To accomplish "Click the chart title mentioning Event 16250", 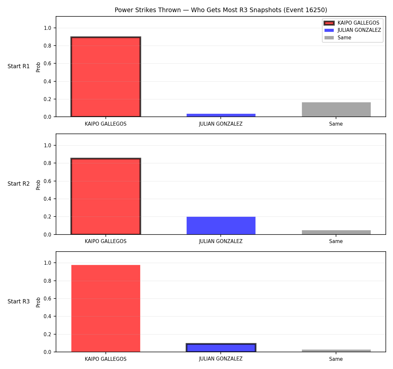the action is click(x=221, y=10).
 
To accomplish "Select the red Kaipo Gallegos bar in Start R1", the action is click(x=106, y=77).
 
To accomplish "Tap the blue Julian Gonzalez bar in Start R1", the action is click(x=221, y=115).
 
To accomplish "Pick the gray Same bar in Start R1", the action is click(x=336, y=110).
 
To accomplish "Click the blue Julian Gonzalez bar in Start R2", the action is click(x=221, y=225).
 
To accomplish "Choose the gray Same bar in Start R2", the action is click(x=336, y=232).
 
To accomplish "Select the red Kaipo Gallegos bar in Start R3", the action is click(x=106, y=308).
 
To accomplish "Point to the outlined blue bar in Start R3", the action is click(x=221, y=348).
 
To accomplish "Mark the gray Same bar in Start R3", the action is click(x=336, y=351).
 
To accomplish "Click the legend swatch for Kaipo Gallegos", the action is click(x=329, y=23).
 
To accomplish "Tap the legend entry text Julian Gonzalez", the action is click(x=359, y=30).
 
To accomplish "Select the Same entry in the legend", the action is click(x=344, y=38).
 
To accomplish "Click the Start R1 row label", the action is click(x=18, y=66).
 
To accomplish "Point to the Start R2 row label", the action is click(x=18, y=184).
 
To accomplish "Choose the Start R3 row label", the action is click(x=18, y=301).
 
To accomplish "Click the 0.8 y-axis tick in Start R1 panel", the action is click(x=47, y=46).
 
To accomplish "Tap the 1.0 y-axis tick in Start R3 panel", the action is click(x=47, y=263).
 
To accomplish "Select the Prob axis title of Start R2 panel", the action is click(x=38, y=185).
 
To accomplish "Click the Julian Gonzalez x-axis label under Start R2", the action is click(x=221, y=241).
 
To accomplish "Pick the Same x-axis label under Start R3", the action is click(x=336, y=359).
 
